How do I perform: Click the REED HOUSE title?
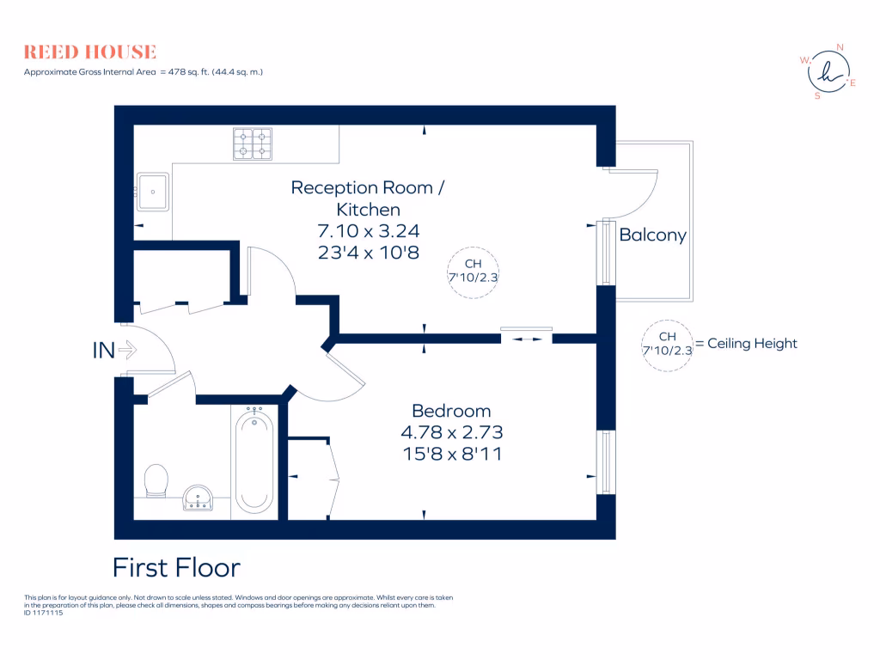coord(90,52)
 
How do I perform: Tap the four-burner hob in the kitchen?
coord(253,144)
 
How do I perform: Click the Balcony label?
coord(653,235)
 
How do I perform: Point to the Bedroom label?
coord(451,411)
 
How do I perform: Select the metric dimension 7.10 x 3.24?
coord(369,230)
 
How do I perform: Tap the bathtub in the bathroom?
coord(254,461)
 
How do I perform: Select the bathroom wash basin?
coord(200,498)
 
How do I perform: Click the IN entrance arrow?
coord(114,350)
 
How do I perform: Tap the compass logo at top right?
coord(828,72)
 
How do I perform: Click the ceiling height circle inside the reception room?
coord(474,271)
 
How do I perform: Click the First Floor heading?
coord(176,568)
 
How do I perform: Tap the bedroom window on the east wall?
coord(607,462)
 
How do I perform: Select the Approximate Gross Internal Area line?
coord(143,72)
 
